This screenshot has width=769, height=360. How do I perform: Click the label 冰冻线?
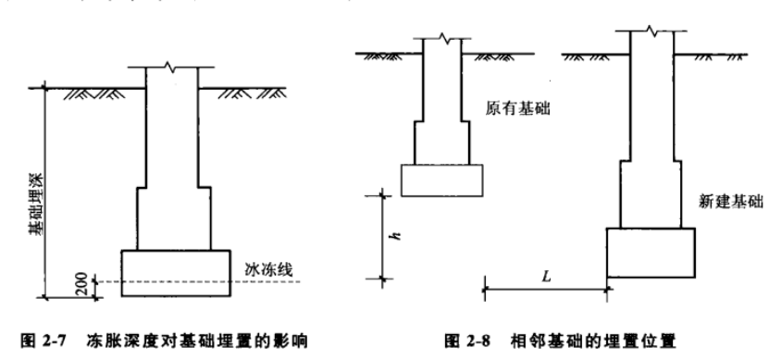click(x=268, y=270)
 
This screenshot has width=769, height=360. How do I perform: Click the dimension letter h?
click(x=392, y=236)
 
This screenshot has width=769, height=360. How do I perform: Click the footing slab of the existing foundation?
click(x=441, y=180)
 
